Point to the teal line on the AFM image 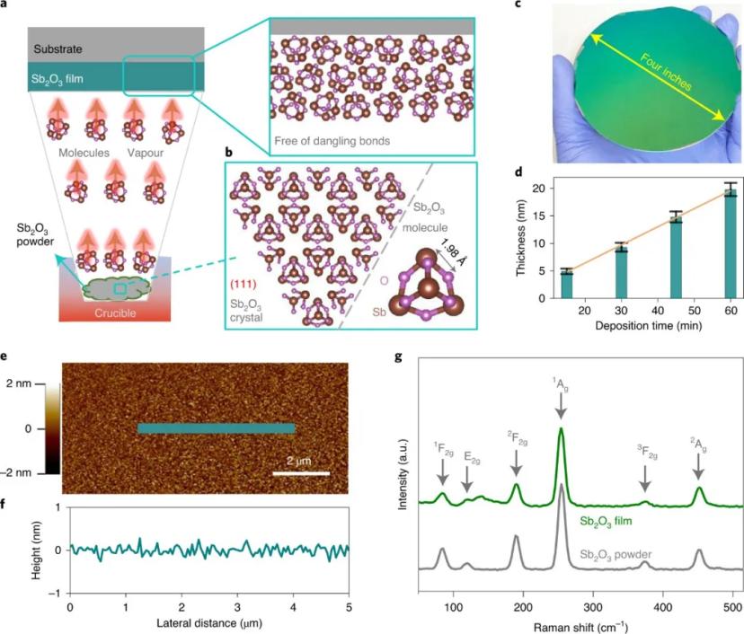point(216,428)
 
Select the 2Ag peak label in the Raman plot point(697,442)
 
